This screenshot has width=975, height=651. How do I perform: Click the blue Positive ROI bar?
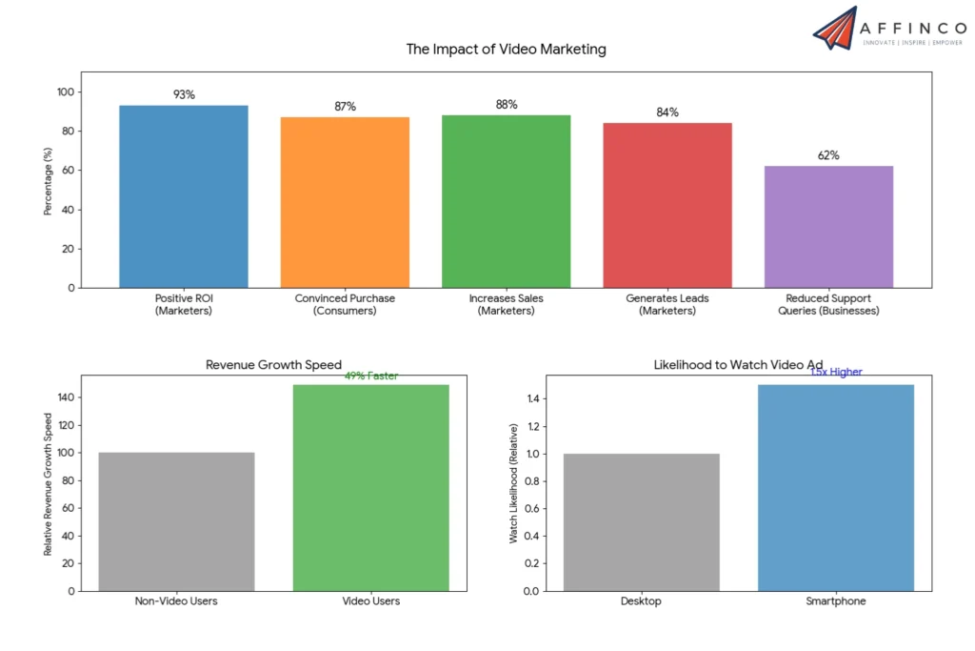tap(184, 196)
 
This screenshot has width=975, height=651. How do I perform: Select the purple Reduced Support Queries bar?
tap(828, 227)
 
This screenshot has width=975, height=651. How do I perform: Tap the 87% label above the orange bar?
tap(345, 107)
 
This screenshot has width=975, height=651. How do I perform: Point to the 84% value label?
tap(667, 112)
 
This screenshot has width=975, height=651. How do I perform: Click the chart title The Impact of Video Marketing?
tap(506, 49)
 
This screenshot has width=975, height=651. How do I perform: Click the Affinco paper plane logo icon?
tap(835, 28)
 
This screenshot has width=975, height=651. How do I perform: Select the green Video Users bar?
tap(371, 487)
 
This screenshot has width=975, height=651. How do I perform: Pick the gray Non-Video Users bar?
tap(177, 521)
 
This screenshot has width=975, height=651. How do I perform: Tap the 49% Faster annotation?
tap(371, 376)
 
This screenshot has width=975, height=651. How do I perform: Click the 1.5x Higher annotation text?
tap(836, 372)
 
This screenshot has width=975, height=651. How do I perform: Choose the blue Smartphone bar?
tap(836, 487)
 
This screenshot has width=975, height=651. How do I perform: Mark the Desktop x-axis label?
tap(641, 601)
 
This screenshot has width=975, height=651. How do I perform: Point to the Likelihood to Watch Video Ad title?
tap(738, 365)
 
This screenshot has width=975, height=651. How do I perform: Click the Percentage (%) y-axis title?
tap(48, 180)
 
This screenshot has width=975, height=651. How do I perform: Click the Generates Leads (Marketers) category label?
tap(667, 304)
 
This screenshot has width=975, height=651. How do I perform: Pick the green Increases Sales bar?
tap(506, 201)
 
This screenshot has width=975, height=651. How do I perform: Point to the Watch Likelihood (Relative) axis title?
tap(513, 482)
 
